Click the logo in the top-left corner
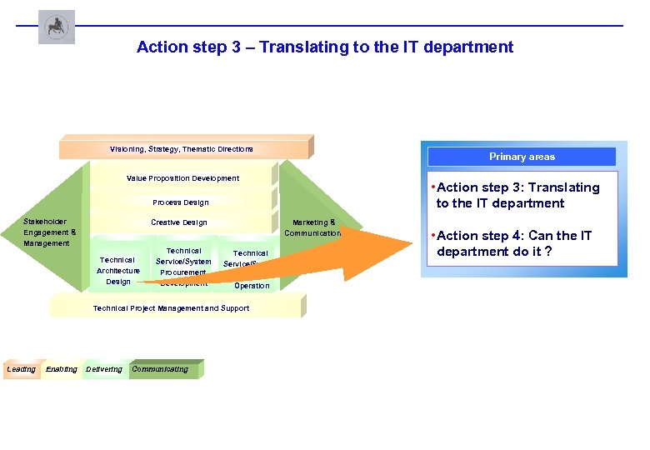point(56,27)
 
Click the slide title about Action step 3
point(325,47)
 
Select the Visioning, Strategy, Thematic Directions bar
point(182,149)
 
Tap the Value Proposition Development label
point(182,178)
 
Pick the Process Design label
point(181,202)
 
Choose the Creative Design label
point(179,222)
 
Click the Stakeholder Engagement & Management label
point(49,232)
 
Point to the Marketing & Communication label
point(313,227)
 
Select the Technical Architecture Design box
point(118,271)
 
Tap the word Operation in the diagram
point(252,286)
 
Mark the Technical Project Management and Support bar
point(171,308)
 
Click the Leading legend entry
point(22,369)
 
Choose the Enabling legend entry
point(62,369)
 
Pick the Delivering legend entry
point(104,369)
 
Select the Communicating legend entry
point(161,369)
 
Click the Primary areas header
point(522,157)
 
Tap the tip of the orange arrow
point(412,242)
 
